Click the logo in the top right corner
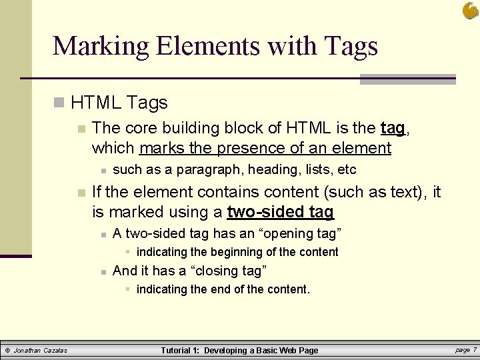click(x=470, y=10)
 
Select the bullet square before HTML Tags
click(x=59, y=103)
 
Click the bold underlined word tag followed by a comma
click(x=392, y=128)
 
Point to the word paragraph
click(x=194, y=169)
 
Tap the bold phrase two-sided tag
click(x=281, y=213)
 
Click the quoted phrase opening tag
click(x=298, y=233)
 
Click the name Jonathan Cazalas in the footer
click(x=41, y=350)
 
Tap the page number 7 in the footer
click(x=474, y=349)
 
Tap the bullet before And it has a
click(x=103, y=271)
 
